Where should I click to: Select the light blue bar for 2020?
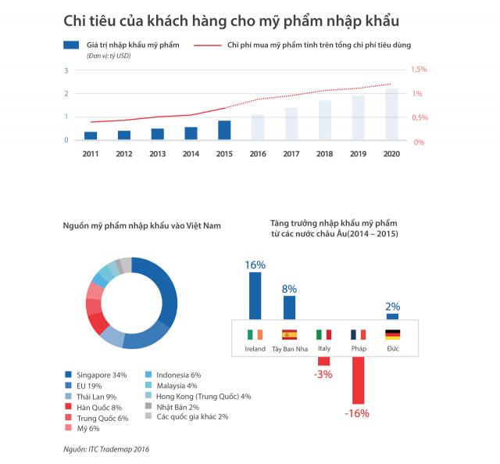(391, 114)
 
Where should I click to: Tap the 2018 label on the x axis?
(324, 153)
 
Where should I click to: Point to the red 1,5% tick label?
(419, 70)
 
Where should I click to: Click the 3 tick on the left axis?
(67, 70)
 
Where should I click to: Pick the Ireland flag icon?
(255, 335)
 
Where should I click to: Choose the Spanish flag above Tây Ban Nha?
(289, 335)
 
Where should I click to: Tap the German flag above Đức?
(393, 335)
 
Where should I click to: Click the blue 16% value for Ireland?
(255, 265)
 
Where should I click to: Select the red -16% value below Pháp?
(356, 412)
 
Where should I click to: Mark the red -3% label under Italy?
(323, 374)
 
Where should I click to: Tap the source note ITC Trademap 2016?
(106, 448)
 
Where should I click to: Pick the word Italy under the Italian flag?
(323, 349)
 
